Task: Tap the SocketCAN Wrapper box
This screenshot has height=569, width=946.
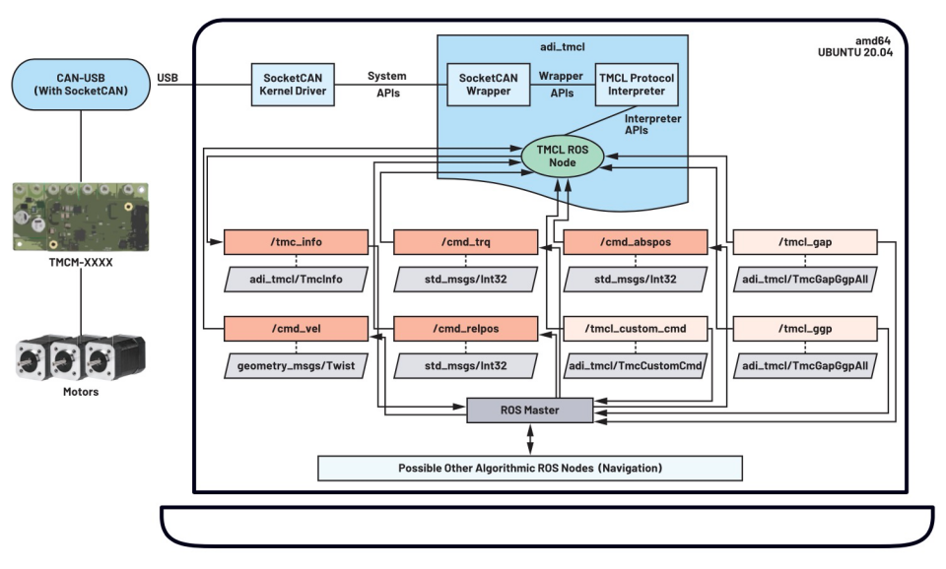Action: (x=489, y=84)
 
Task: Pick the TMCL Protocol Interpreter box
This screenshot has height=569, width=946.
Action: (x=638, y=84)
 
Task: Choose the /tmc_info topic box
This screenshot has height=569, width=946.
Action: (x=296, y=241)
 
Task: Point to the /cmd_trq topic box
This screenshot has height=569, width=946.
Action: (x=465, y=241)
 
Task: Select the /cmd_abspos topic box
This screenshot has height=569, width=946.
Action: (x=636, y=241)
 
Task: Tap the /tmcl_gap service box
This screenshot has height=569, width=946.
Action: (x=805, y=241)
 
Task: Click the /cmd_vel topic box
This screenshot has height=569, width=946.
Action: (x=296, y=329)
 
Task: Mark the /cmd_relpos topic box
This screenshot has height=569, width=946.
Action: (x=465, y=329)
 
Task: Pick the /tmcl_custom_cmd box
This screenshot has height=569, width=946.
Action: (x=636, y=329)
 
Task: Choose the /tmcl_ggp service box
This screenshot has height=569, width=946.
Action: (x=805, y=329)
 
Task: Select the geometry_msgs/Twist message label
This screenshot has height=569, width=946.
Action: (x=296, y=363)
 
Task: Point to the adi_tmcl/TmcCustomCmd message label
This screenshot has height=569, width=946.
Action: (x=636, y=363)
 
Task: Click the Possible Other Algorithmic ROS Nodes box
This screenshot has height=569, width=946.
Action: (x=529, y=467)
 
